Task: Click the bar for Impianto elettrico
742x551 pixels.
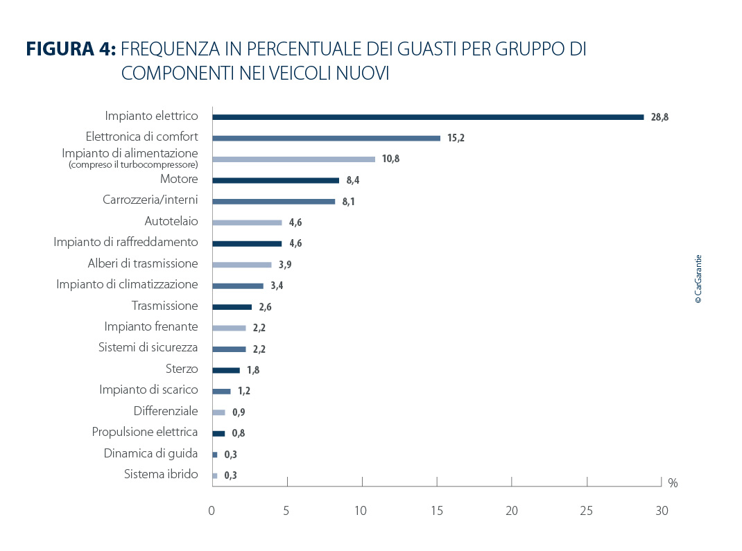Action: point(428,117)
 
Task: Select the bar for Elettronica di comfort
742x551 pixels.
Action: point(326,138)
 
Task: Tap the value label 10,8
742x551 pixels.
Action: point(390,159)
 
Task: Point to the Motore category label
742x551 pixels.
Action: point(179,180)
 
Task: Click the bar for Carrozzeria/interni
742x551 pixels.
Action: point(273,202)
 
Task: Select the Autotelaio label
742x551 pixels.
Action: point(171,222)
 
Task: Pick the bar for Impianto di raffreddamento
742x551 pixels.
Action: point(247,243)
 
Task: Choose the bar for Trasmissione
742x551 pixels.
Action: point(232,306)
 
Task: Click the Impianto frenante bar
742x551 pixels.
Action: point(229,328)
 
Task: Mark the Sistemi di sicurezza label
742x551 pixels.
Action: point(148,347)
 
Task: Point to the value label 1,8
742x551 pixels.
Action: point(253,370)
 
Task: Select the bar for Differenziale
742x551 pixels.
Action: point(218,412)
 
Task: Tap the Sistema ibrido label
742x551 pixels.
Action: point(161,475)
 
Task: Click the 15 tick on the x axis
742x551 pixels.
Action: point(437,511)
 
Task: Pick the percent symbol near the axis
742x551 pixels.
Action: point(673,483)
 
